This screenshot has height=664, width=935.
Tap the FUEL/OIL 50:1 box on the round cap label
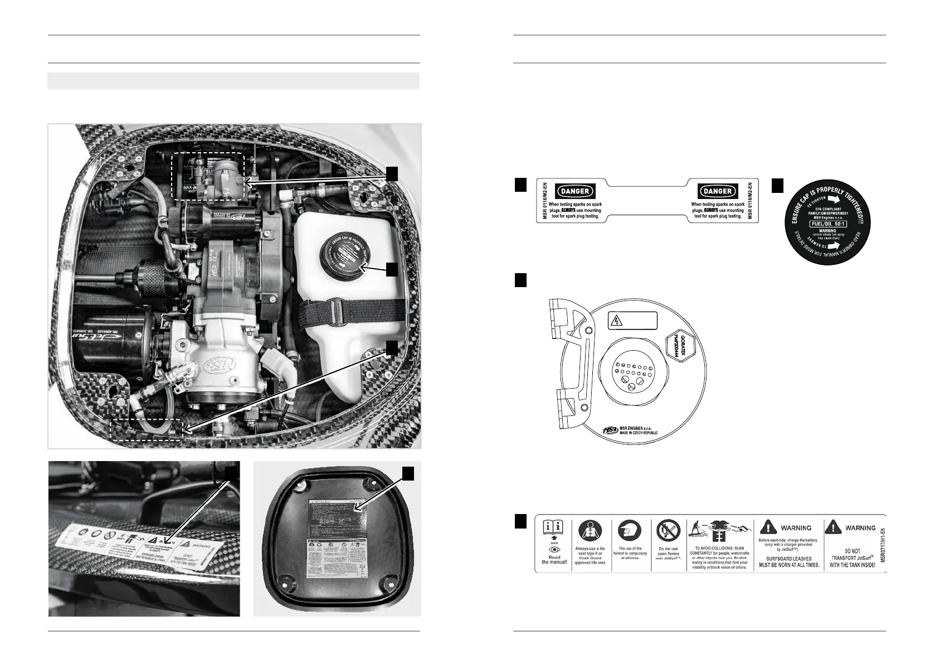(827, 222)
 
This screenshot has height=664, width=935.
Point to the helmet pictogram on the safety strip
(630, 531)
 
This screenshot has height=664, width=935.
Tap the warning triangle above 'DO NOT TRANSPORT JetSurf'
(834, 527)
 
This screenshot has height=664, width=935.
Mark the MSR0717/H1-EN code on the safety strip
(881, 543)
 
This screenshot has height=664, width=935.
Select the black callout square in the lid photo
(409, 473)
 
